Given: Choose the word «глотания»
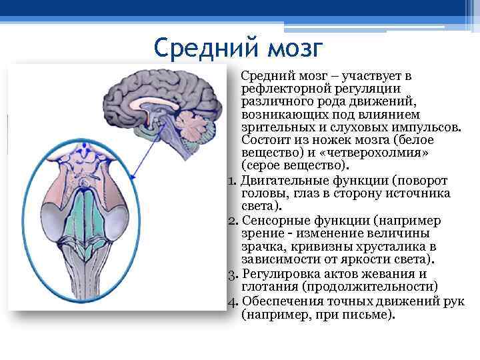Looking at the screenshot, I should (x=267, y=287).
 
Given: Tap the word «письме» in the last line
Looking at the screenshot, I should (x=366, y=313).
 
